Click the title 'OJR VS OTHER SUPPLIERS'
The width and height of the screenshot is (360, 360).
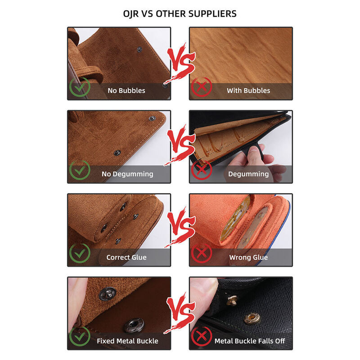tap(180, 14)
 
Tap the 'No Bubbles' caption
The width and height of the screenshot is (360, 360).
tap(126, 90)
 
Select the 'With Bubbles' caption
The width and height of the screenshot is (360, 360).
tap(248, 90)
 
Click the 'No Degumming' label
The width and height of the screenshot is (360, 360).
tap(127, 174)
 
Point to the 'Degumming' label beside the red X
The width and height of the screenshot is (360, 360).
tap(248, 174)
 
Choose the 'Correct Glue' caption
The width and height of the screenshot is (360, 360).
tap(126, 257)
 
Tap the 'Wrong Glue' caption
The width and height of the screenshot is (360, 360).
tap(248, 257)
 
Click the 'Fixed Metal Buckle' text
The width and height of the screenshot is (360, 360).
tap(127, 341)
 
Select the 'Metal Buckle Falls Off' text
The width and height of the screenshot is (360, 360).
tap(250, 341)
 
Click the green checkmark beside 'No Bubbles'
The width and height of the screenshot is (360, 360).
tap(80, 87)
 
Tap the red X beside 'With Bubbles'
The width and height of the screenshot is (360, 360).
tap(202, 87)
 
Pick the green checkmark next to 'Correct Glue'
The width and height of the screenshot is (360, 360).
tap(80, 253)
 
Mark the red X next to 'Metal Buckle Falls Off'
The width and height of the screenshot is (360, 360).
tap(202, 337)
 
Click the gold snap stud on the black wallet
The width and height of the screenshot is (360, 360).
tap(252, 319)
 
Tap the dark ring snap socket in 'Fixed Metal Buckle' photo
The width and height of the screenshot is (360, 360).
tap(134, 325)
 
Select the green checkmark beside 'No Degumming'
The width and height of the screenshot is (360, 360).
tap(80, 170)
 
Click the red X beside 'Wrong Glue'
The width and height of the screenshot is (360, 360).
tap(202, 253)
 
